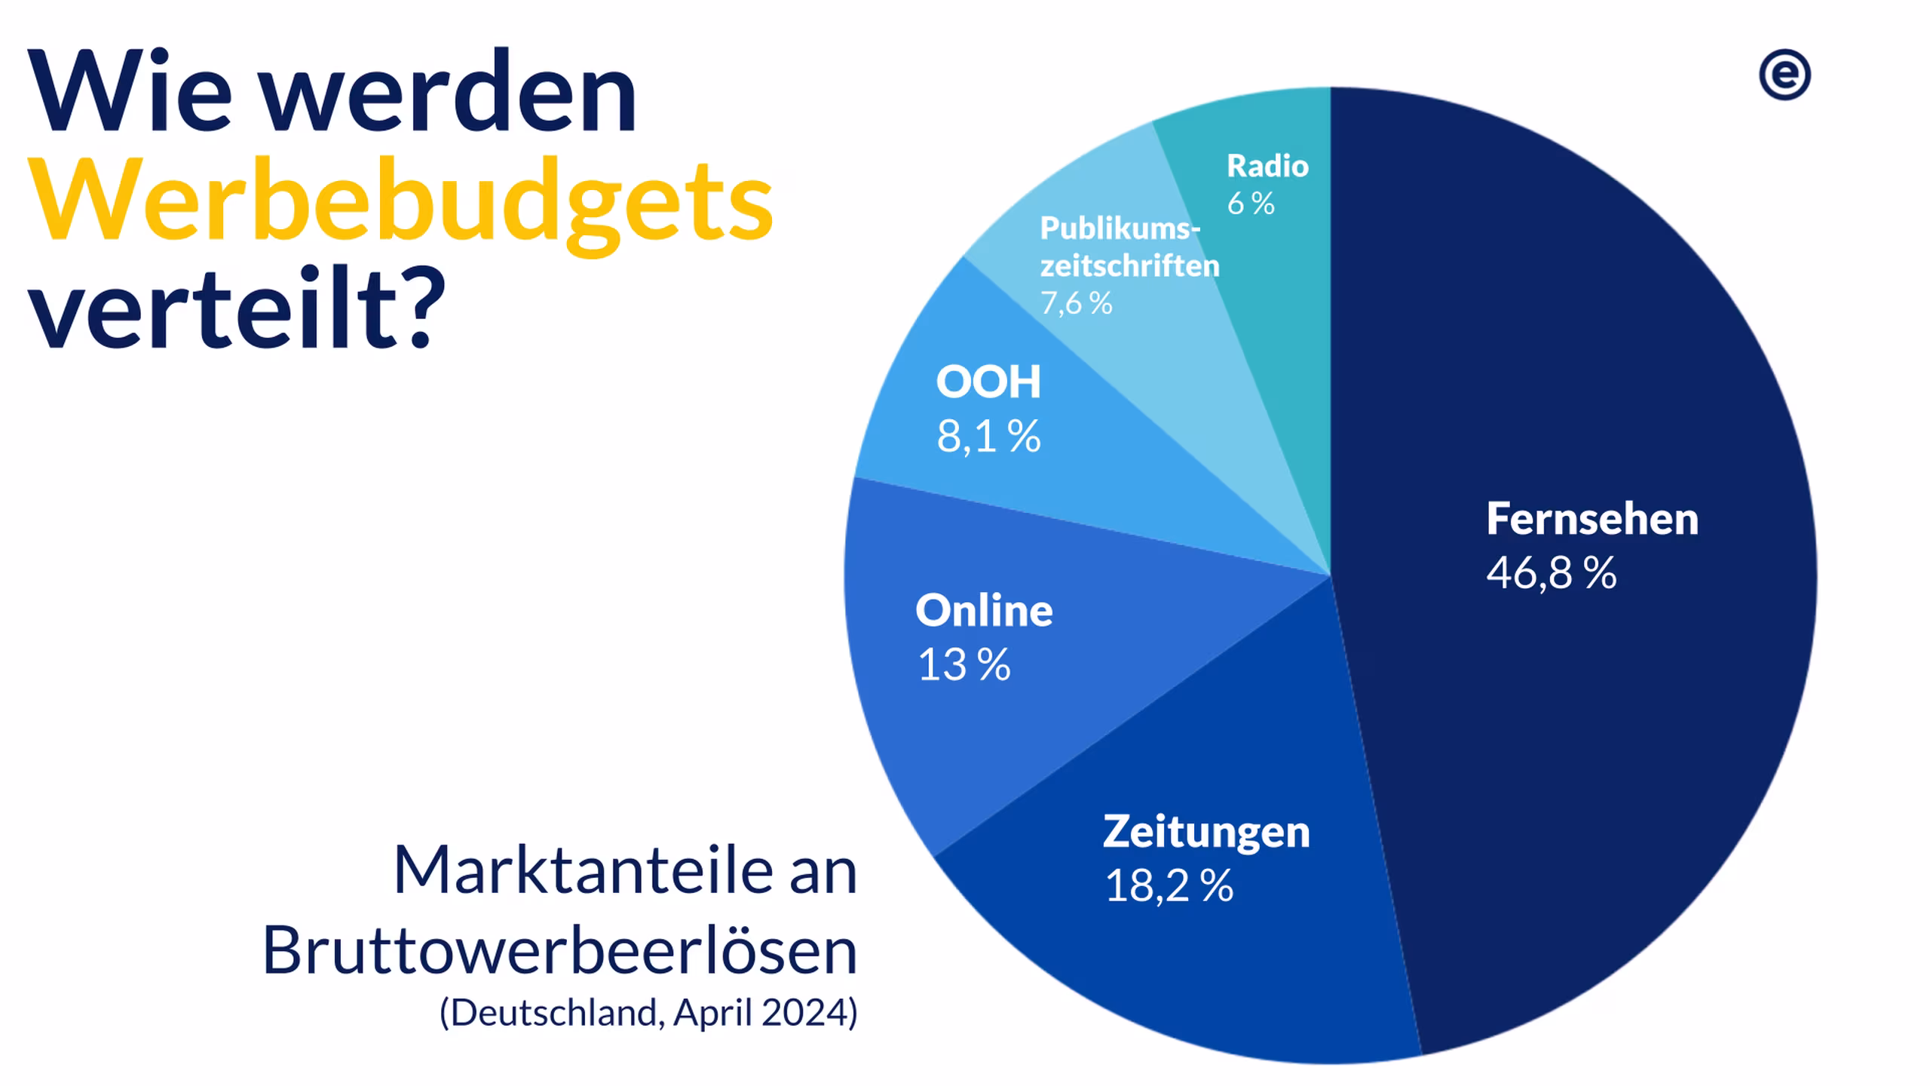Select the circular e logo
click(1784, 75)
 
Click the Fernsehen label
click(1592, 519)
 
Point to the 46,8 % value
click(1552, 573)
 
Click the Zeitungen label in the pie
click(1206, 831)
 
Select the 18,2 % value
click(1169, 885)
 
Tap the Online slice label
click(984, 610)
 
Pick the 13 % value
click(963, 665)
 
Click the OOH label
click(988, 382)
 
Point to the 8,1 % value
click(988, 437)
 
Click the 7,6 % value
click(1076, 303)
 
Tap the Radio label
click(1267, 166)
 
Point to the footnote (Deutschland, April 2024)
click(648, 1012)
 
